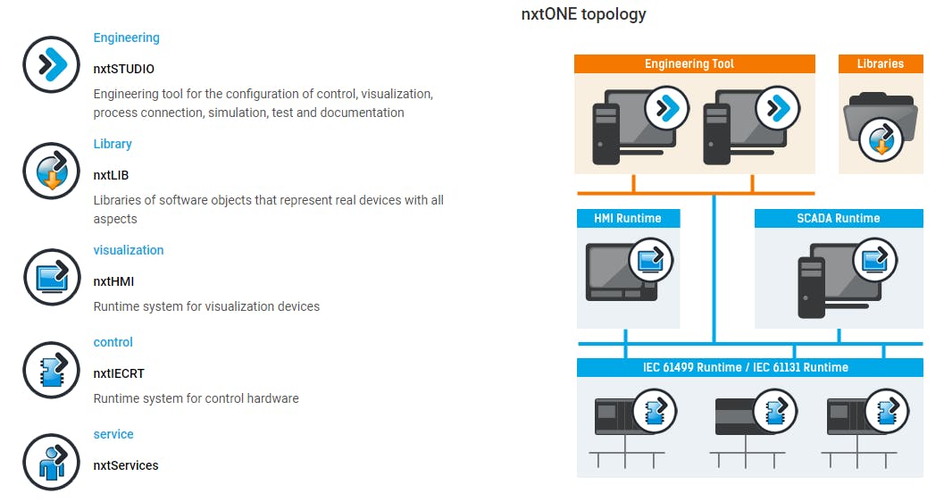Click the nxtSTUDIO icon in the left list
(51, 64)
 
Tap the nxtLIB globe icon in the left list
(51, 171)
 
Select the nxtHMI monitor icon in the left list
(51, 277)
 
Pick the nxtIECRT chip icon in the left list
(51, 369)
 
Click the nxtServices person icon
(51, 461)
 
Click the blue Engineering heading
(126, 38)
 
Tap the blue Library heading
(113, 144)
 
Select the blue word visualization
(129, 250)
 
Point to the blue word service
(113, 434)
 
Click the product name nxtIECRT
(119, 373)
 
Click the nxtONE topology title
(583, 14)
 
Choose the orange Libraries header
(880, 64)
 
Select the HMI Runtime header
(628, 218)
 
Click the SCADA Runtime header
(838, 218)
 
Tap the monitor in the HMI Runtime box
(616, 272)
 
